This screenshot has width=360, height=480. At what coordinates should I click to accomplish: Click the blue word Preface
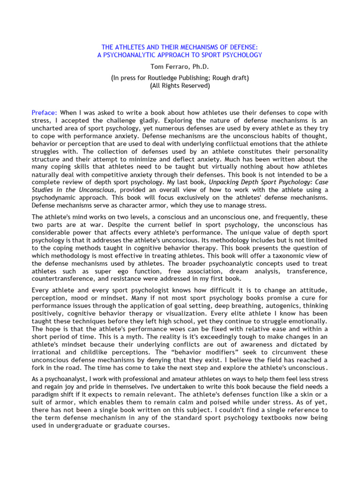pyautogui.click(x=44, y=113)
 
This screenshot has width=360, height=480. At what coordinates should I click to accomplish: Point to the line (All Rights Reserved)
pyautogui.click(x=180, y=86)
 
